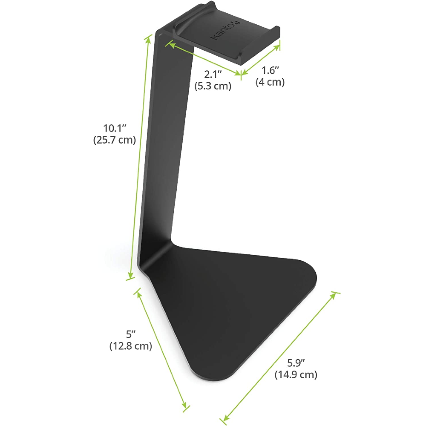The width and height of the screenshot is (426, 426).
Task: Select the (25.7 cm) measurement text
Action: coord(114,140)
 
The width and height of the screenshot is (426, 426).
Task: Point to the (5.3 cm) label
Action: coord(213,86)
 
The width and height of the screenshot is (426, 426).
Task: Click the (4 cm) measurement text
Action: coord(270,82)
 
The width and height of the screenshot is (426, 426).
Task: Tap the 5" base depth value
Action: coord(131,334)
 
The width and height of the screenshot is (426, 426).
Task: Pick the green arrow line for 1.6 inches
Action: coord(261,60)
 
